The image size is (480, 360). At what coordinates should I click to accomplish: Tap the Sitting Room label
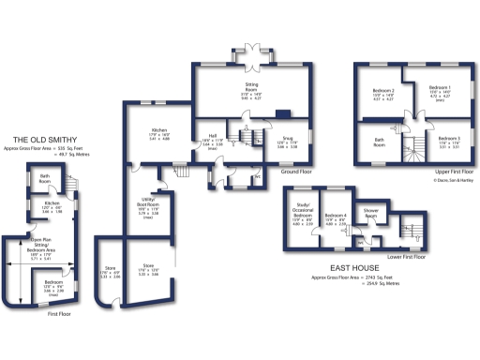tap(251, 87)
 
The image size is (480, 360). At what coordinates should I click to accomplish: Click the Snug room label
tap(286, 143)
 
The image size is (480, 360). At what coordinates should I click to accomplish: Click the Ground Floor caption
tap(296, 172)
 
